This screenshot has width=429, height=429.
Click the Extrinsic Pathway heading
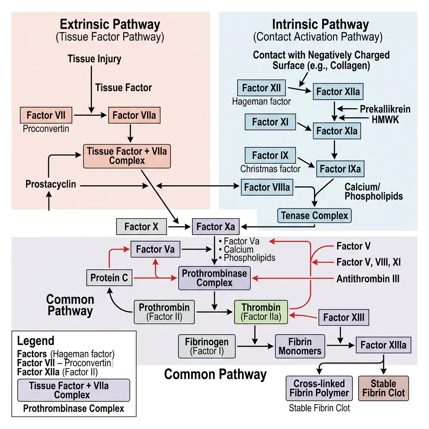coord(110,24)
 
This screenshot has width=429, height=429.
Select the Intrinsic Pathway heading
coord(320,24)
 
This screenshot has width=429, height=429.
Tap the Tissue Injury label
coord(94,59)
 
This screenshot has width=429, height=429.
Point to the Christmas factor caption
coord(270,169)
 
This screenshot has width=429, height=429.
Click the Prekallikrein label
coord(385,109)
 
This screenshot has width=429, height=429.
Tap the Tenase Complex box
coord(314,216)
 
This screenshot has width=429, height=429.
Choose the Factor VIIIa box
coord(267,187)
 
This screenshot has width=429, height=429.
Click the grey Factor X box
coord(141,227)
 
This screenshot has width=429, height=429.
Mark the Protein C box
coord(109,278)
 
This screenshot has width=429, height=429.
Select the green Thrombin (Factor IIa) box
coord(261,312)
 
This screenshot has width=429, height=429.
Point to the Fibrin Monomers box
coord(300,346)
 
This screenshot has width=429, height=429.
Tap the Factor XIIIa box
coord(383,346)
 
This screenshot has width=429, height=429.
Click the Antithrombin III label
coord(368,279)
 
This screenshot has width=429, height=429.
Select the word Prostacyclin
coord(51,184)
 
